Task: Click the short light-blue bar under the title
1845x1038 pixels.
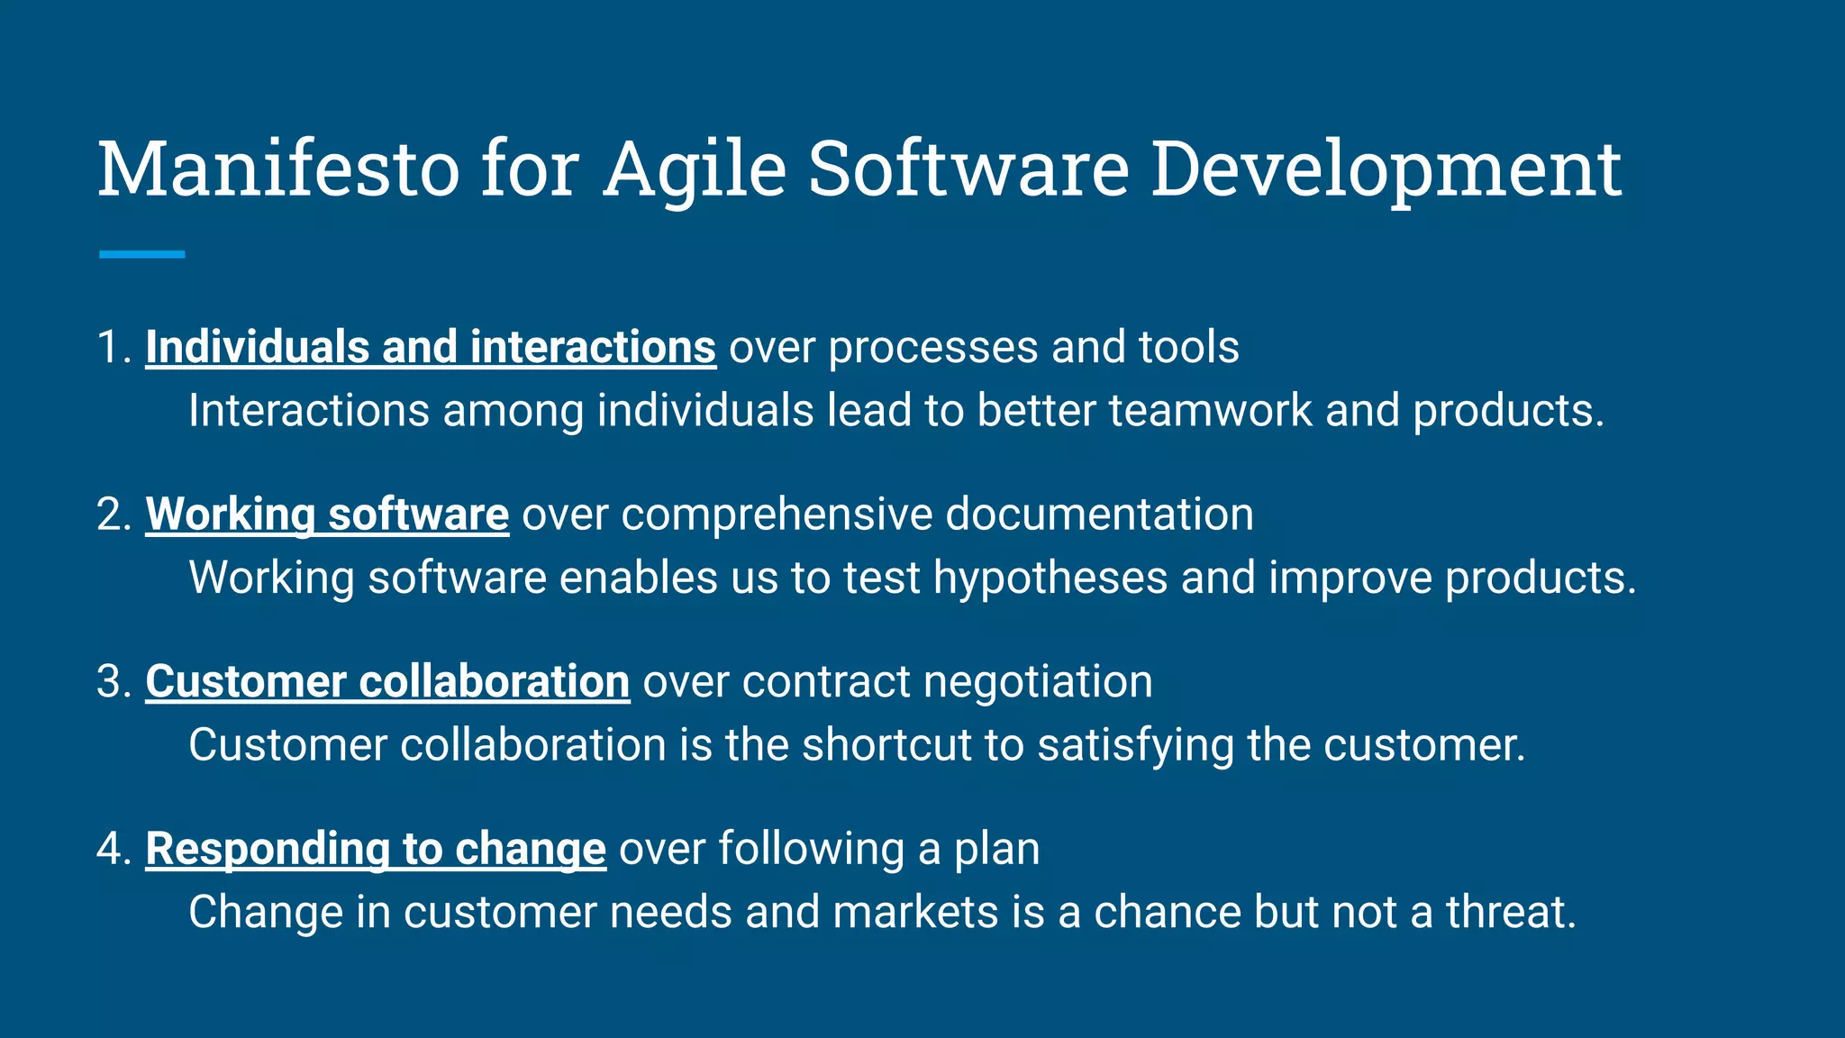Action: click(x=141, y=254)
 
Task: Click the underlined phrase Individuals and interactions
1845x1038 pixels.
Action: click(x=431, y=347)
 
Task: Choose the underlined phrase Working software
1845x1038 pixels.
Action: click(x=327, y=514)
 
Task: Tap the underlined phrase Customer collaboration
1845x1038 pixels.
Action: click(x=387, y=681)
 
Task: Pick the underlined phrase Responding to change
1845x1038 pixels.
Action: click(x=376, y=849)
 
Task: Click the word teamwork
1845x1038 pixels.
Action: click(x=1210, y=411)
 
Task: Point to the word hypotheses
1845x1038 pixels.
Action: click(x=1050, y=578)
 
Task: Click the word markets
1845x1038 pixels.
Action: click(x=915, y=912)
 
